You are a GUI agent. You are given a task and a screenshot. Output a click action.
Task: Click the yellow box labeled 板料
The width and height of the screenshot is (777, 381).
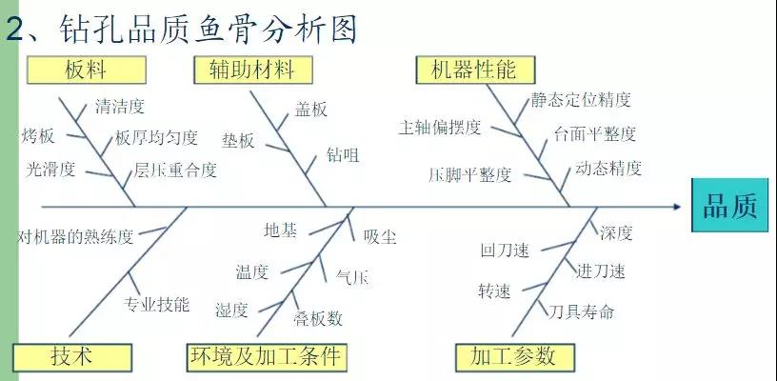[87, 70]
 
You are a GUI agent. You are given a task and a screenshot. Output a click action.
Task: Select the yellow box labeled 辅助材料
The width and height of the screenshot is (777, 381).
[253, 70]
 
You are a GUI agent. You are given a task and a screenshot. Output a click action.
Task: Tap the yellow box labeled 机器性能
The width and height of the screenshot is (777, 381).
[476, 70]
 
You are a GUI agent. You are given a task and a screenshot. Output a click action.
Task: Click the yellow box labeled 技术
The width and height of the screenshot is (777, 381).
[72, 358]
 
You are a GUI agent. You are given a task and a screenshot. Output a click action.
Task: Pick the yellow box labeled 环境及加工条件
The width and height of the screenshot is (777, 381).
[266, 358]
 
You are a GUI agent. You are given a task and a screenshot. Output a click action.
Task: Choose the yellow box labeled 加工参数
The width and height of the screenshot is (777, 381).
[515, 358]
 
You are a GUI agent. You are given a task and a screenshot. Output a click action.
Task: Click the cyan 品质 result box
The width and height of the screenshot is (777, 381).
[730, 205]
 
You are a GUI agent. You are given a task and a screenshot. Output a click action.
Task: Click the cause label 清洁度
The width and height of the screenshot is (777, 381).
[119, 107]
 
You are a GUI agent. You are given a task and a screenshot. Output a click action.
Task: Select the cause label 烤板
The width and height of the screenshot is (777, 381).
[38, 135]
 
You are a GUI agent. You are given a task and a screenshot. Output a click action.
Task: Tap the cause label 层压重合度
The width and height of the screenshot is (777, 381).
[175, 170]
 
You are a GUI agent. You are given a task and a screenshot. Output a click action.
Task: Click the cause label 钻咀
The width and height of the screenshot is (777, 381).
[343, 155]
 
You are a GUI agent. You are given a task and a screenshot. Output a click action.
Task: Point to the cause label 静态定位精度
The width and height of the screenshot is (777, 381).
[581, 100]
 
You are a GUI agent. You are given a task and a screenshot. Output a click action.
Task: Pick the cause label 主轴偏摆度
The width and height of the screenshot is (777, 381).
[440, 128]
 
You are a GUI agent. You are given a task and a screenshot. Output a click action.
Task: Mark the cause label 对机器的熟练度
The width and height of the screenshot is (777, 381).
[75, 236]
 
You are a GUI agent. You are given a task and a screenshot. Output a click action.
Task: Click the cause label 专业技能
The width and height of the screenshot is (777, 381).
[156, 304]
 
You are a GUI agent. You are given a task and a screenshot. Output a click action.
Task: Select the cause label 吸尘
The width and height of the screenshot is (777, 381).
[380, 237]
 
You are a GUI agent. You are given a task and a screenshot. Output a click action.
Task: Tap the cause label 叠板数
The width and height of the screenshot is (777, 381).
[318, 318]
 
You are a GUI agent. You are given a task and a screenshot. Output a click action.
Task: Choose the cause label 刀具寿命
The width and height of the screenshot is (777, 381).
[581, 311]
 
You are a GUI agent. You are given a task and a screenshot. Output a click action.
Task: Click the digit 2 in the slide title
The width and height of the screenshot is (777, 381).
[16, 30]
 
